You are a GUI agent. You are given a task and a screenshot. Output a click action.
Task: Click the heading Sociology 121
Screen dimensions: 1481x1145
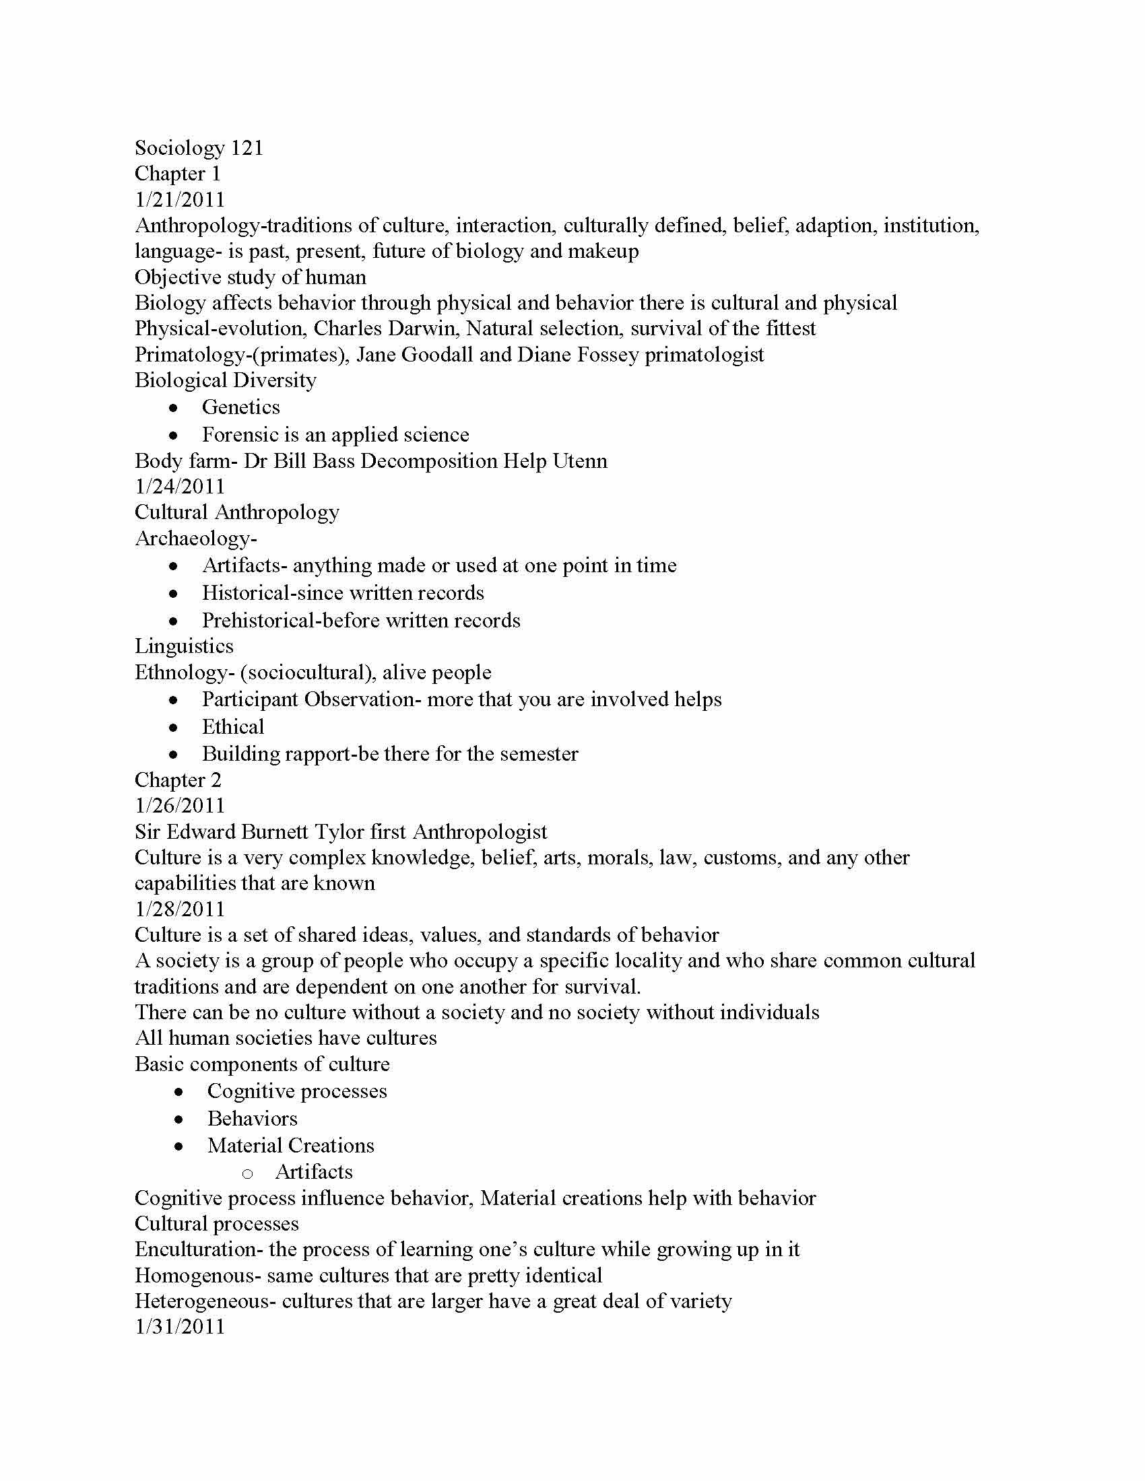coord(199,148)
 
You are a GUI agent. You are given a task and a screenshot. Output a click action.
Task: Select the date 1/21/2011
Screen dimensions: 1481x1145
coord(180,199)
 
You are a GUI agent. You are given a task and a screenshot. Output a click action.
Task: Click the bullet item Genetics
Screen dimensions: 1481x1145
coord(241,407)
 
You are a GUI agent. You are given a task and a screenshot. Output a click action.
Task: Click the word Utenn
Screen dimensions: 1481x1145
coord(580,461)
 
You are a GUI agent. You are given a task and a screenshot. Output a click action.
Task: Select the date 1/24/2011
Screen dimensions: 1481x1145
coord(180,487)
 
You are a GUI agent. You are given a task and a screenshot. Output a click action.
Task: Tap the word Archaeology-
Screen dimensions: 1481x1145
coord(196,539)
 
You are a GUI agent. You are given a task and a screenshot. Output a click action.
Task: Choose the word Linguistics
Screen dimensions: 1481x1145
coord(184,646)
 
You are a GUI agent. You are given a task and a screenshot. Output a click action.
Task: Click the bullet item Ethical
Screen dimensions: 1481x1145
coord(232,727)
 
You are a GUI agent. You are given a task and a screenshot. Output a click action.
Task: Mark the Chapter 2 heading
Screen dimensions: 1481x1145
coord(178,780)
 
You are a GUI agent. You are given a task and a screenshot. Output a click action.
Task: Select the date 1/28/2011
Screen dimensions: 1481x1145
coord(180,909)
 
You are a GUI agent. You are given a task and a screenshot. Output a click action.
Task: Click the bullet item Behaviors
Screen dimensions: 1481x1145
coord(253,1118)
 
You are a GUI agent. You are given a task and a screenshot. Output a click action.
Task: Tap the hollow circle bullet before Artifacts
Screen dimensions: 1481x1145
coord(248,1173)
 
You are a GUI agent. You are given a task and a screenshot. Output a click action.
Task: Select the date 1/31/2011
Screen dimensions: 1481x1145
coord(180,1327)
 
